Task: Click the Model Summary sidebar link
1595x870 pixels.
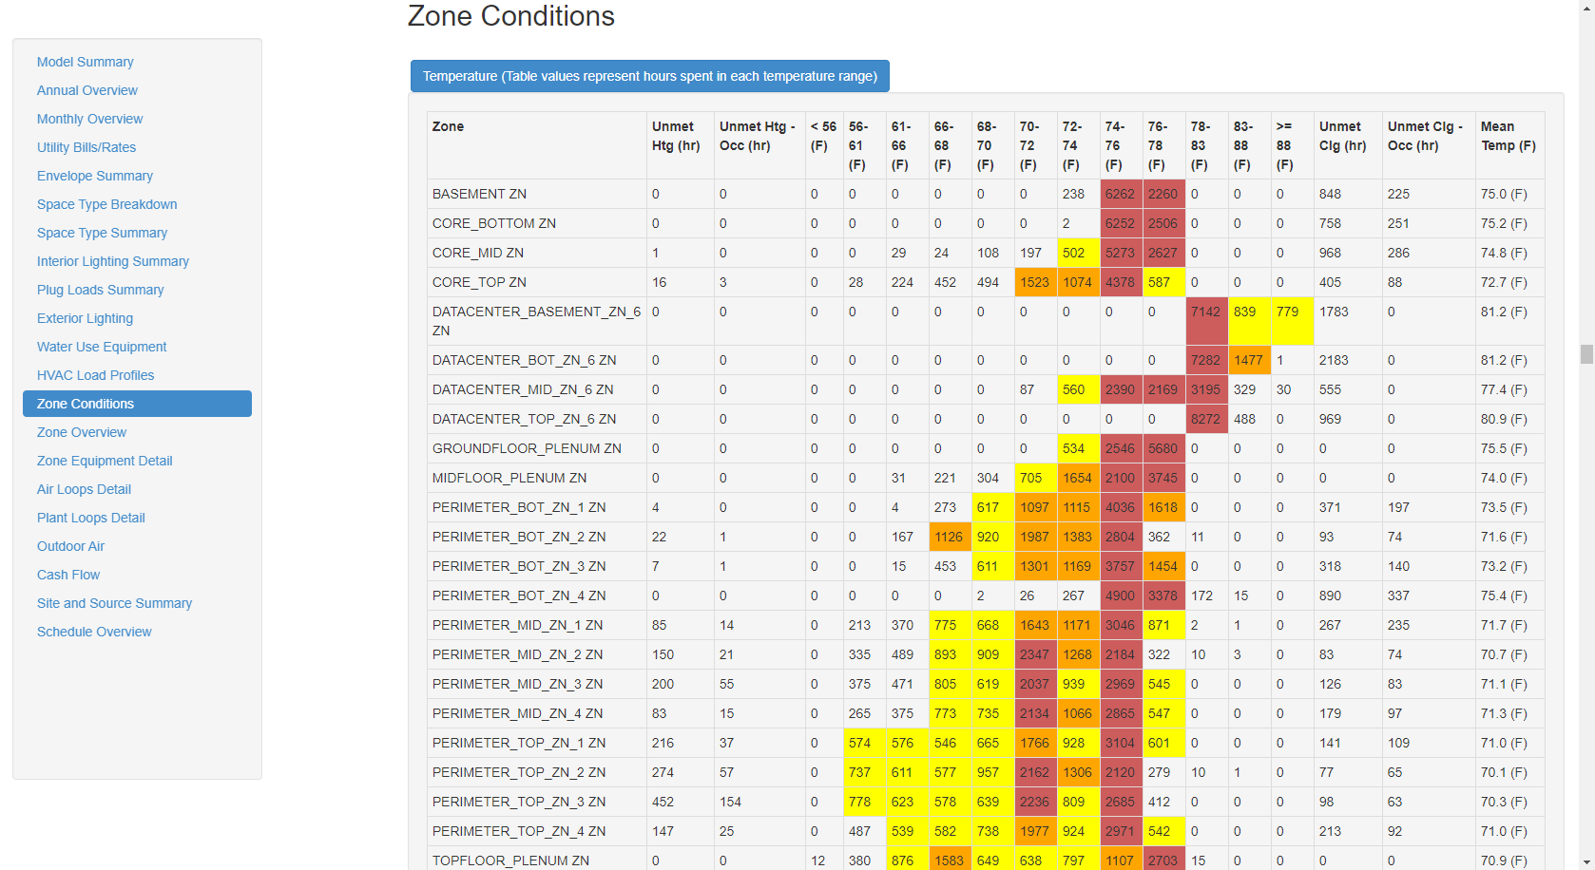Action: (85, 62)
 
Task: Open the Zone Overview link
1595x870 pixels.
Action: (81, 432)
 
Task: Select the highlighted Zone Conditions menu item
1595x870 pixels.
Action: (137, 404)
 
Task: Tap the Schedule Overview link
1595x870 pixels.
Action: (94, 632)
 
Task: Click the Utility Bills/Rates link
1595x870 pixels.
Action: (86, 147)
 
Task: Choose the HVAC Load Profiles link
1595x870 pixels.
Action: (95, 375)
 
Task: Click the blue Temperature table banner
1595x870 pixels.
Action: (649, 76)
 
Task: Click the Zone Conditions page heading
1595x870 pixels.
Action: (510, 16)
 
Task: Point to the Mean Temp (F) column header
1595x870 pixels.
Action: (1508, 136)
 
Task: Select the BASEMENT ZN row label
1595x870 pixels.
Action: (479, 194)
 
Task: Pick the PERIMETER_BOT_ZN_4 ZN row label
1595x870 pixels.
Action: (518, 596)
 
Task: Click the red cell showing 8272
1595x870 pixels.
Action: (1205, 419)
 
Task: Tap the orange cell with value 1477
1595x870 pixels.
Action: (1248, 360)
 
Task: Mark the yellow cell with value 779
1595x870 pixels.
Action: (1287, 312)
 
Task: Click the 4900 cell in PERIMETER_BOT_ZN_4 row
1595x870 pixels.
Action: (1120, 596)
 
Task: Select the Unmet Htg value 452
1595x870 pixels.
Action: (663, 802)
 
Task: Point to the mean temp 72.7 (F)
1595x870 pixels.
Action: (1503, 282)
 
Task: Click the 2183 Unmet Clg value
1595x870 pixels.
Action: (1334, 360)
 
